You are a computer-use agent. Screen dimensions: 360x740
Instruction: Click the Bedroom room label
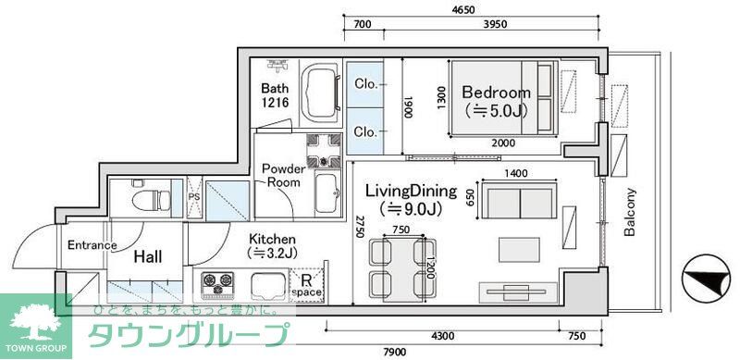(x=496, y=93)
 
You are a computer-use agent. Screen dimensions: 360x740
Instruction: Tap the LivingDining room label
(x=411, y=192)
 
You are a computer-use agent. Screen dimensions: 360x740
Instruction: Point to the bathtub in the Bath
(x=322, y=93)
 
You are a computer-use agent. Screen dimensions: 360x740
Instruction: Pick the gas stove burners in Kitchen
(x=216, y=281)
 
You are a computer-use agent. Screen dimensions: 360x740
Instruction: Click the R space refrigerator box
(x=306, y=284)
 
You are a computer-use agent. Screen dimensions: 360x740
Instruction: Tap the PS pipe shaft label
(x=193, y=197)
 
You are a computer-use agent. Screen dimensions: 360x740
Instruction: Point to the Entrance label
(x=92, y=245)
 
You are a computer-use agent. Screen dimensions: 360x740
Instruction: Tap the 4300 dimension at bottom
(x=443, y=335)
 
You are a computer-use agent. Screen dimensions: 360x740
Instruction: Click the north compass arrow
(x=704, y=279)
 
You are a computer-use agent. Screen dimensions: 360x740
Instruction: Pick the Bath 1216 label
(x=276, y=94)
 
